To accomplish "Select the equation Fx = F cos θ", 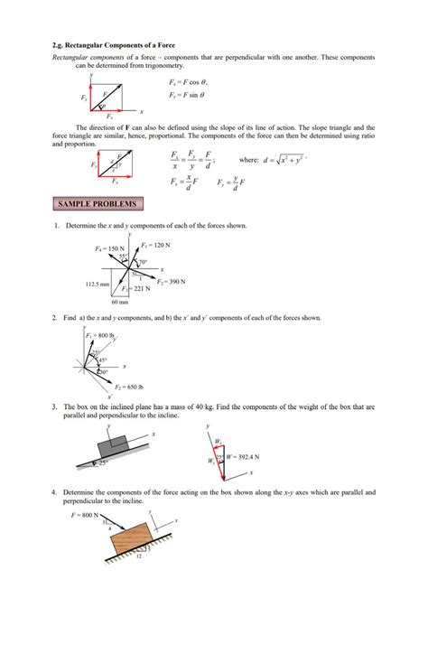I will click(x=191, y=82).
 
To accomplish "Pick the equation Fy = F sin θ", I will click(x=191, y=94).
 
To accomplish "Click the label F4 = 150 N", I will click(x=108, y=248).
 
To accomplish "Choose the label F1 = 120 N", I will click(x=156, y=245).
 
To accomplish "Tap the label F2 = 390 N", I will click(x=171, y=282).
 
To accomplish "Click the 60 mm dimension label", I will click(x=120, y=303).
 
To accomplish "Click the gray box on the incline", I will click(x=112, y=446).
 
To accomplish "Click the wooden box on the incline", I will click(x=135, y=541).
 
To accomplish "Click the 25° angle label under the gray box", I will click(x=104, y=462).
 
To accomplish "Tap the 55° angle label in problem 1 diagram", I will click(x=123, y=257).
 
